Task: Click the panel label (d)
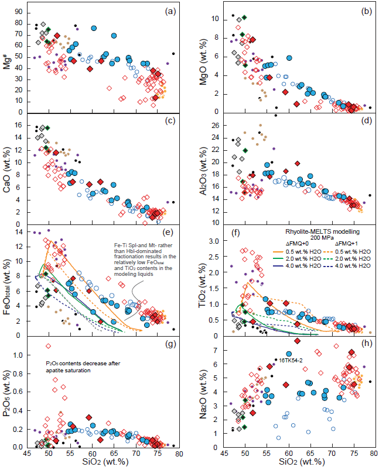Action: pos(363,123)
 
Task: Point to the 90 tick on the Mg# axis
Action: pos(19,12)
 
